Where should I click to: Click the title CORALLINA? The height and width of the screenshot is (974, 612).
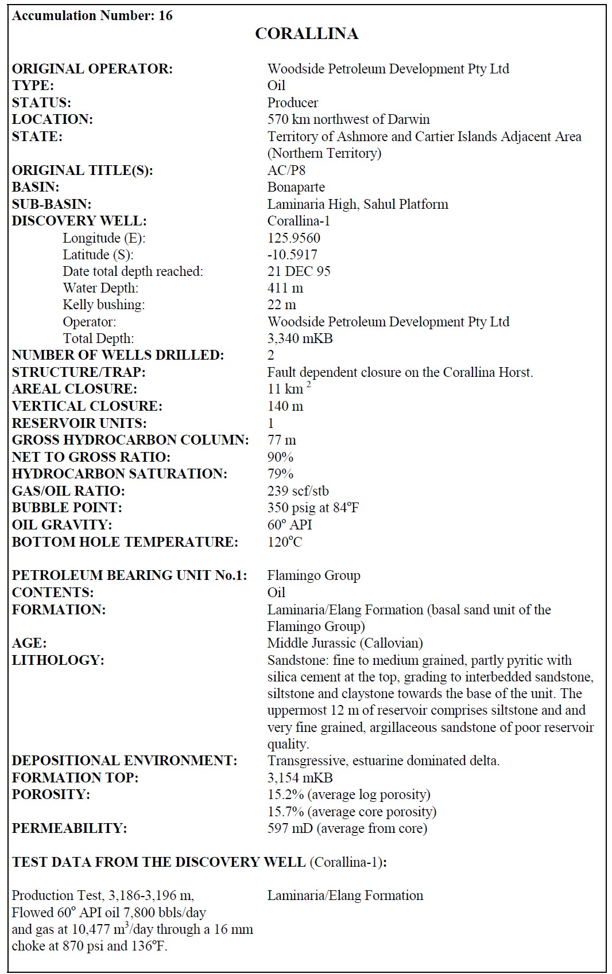point(307,34)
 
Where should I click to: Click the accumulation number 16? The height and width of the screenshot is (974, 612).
point(165,15)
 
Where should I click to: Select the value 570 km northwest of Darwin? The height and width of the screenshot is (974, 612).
point(348,119)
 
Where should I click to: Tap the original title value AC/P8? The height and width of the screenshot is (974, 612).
point(286,170)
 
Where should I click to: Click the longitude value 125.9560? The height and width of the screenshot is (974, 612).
point(293,238)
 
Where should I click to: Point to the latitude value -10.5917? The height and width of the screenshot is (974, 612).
point(292,255)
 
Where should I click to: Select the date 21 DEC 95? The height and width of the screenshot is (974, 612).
point(299,271)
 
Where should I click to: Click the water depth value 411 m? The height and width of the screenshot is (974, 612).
point(285,288)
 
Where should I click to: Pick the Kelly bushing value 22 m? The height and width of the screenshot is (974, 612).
point(281,305)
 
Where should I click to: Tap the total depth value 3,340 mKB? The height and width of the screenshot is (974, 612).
point(300,338)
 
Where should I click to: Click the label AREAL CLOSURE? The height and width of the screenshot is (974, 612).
point(75,389)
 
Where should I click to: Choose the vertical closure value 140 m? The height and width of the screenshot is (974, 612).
point(285,406)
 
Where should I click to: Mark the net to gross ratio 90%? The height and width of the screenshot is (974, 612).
point(280,457)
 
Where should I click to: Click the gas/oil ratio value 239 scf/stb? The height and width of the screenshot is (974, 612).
point(298,491)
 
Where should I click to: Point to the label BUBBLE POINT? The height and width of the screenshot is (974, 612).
point(67,508)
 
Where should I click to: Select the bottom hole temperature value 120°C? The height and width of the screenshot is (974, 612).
point(284,542)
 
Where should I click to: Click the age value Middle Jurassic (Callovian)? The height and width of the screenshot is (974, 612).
point(344,643)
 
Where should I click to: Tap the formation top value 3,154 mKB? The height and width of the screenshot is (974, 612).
point(300,778)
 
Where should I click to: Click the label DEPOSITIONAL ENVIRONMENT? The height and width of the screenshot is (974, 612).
point(124,761)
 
